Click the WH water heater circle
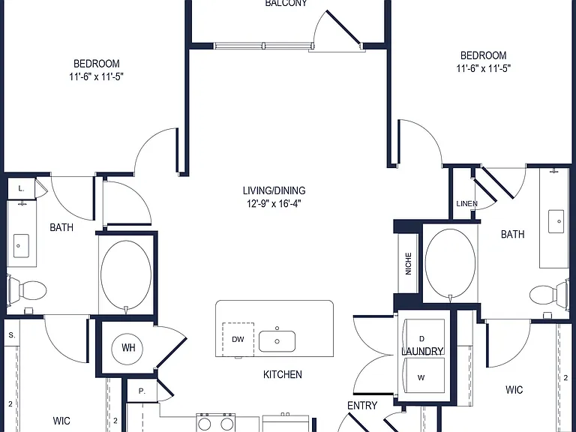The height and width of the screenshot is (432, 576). tap(128, 347)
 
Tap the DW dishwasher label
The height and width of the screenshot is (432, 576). tap(238, 340)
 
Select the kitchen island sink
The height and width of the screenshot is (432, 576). tap(277, 341)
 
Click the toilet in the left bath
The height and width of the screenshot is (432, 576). tap(27, 290)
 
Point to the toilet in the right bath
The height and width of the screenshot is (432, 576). tap(549, 293)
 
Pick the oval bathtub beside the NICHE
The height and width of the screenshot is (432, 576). tap(450, 263)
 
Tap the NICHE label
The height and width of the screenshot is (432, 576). tap(409, 263)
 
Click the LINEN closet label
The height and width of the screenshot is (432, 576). tap(467, 203)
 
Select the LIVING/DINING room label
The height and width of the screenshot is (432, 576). tap(274, 190)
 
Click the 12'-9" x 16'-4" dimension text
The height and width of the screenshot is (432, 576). tap(274, 203)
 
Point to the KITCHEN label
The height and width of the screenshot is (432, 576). tap(283, 374)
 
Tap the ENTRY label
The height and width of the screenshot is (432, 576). tap(362, 406)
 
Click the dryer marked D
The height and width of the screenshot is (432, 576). tap(424, 336)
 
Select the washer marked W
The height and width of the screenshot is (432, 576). tap(424, 376)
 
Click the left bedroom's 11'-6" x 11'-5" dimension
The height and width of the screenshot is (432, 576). tap(96, 76)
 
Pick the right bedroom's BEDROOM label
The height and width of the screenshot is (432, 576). tap(484, 55)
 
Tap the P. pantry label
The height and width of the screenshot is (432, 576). tap(142, 391)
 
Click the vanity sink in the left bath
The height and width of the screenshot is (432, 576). tap(21, 246)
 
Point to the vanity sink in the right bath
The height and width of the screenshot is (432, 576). tap(556, 221)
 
